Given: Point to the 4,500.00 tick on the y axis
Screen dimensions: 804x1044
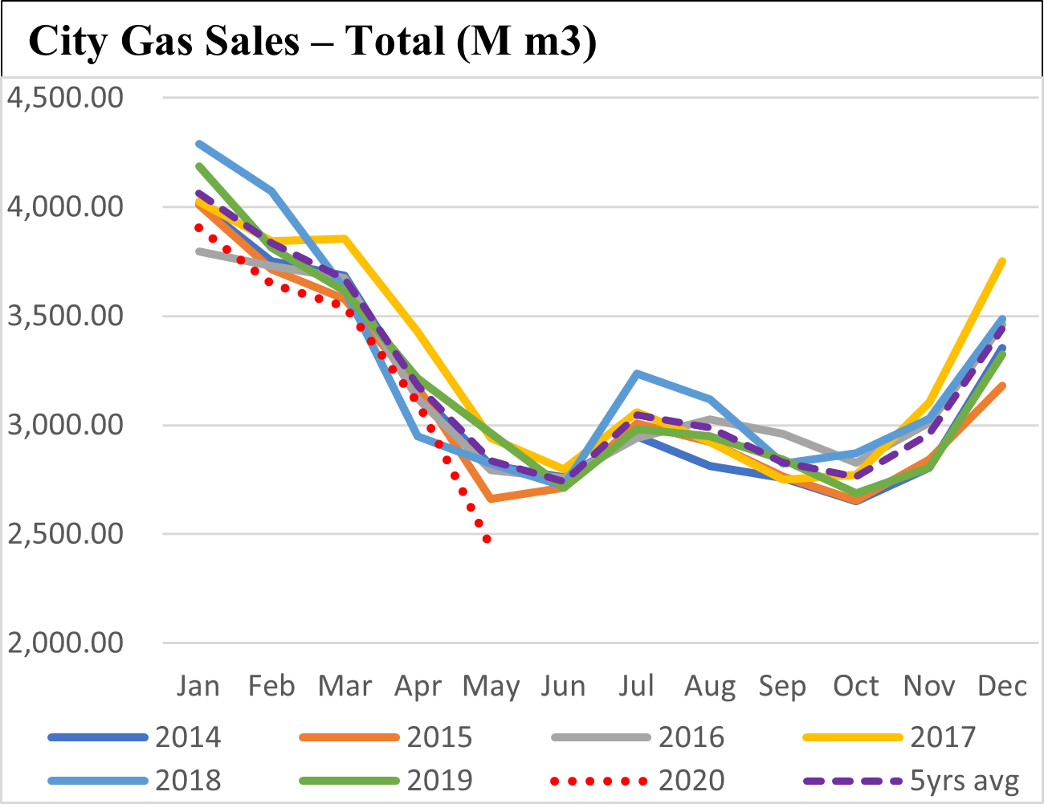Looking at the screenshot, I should click(x=65, y=97).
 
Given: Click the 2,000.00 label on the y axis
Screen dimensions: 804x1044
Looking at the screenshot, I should click(x=65, y=643).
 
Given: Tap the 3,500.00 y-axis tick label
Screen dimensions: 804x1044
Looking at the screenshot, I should click(x=65, y=316).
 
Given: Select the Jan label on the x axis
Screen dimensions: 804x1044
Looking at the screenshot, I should click(x=198, y=686).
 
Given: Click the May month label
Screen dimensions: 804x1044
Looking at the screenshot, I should click(x=491, y=688).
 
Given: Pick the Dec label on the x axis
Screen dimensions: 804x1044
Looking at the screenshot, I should click(x=1002, y=686).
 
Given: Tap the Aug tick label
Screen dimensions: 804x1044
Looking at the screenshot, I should click(x=710, y=688).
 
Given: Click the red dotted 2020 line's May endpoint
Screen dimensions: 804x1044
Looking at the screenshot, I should click(x=487, y=539).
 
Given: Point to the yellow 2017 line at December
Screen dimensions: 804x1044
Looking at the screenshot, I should click(x=1003, y=261).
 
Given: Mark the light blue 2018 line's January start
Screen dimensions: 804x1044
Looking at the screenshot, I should click(x=198, y=144).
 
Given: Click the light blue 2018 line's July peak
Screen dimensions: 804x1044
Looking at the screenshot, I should click(x=637, y=373).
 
